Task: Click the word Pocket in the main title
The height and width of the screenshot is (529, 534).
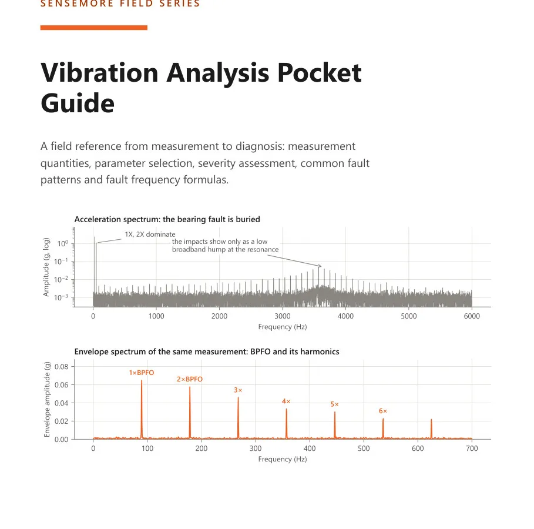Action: (319, 73)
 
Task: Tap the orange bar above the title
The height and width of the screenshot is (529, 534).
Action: (93, 28)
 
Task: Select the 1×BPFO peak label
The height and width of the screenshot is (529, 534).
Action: (142, 373)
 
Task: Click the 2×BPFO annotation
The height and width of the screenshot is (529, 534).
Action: (190, 379)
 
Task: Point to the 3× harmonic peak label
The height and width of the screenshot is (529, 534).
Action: (238, 390)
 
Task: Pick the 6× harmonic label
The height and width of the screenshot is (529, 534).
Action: (383, 411)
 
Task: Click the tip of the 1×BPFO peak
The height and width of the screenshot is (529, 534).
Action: (142, 380)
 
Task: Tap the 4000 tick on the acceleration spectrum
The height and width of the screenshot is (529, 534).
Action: (345, 316)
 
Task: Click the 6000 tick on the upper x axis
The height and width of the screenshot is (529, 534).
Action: (472, 316)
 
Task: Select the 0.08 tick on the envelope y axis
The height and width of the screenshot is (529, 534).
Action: (62, 367)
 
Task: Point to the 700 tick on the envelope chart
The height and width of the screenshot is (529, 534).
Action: (472, 448)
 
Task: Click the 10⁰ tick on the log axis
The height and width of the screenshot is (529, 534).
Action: (63, 243)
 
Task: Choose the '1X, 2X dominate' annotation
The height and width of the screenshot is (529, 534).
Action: (150, 235)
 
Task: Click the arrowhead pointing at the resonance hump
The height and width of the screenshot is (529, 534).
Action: (320, 266)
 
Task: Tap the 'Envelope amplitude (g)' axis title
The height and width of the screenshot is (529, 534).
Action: (47, 400)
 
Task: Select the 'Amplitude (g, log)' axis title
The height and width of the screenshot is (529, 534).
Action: (46, 267)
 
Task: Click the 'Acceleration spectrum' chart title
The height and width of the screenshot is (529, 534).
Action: (167, 219)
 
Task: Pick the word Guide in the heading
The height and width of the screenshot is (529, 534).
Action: (78, 103)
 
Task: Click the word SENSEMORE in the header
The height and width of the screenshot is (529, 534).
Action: (77, 4)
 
